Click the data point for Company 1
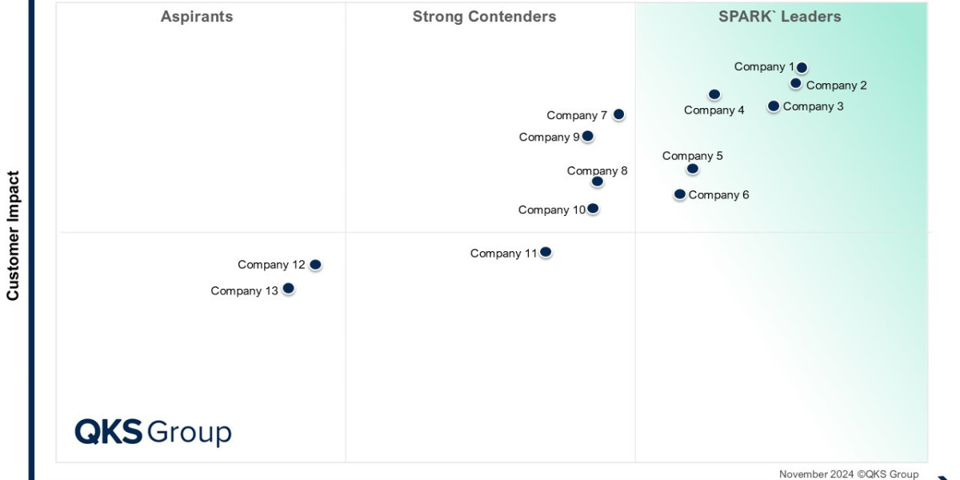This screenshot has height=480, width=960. coord(802,68)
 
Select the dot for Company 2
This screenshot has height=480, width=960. coord(796,83)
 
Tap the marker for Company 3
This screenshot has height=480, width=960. coord(774,106)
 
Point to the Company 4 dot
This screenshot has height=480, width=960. coord(714,94)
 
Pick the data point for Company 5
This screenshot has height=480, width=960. coord(693,169)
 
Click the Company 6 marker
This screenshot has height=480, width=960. coord(680,194)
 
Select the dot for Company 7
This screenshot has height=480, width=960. coord(618,114)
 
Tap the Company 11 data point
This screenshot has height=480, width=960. coord(546,252)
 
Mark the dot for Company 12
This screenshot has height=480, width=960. coord(315,264)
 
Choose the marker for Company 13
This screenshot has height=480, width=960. coord(289,288)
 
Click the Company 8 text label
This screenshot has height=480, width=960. coord(597,170)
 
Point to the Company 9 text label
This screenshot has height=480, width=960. coord(549,137)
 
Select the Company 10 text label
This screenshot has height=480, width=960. coord(551,210)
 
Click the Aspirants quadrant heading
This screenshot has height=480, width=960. coord(197,17)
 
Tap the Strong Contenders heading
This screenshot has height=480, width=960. coord(484,17)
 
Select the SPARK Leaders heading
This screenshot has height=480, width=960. coord(780,17)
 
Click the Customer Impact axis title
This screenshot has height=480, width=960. coord(13,236)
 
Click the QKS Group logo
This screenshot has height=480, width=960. coord(153,432)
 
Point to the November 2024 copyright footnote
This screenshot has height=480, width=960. coord(849,474)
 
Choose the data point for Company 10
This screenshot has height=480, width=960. coord(593,209)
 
